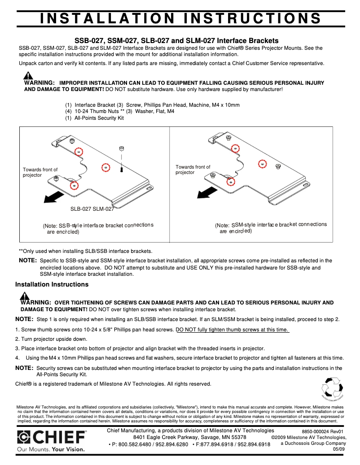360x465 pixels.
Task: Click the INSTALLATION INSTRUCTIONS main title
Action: [180, 18]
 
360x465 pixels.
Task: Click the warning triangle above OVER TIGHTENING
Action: [25, 296]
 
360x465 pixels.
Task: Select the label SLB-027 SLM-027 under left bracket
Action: [92, 209]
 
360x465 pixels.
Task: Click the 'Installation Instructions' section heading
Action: [52, 284]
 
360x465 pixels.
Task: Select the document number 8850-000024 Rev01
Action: [322, 431]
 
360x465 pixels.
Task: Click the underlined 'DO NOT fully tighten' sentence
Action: [232, 330]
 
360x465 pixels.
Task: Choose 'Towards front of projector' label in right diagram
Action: [193, 169]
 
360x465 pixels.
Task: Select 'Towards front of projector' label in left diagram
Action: [40, 172]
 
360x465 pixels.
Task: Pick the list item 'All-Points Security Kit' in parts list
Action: [99, 118]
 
